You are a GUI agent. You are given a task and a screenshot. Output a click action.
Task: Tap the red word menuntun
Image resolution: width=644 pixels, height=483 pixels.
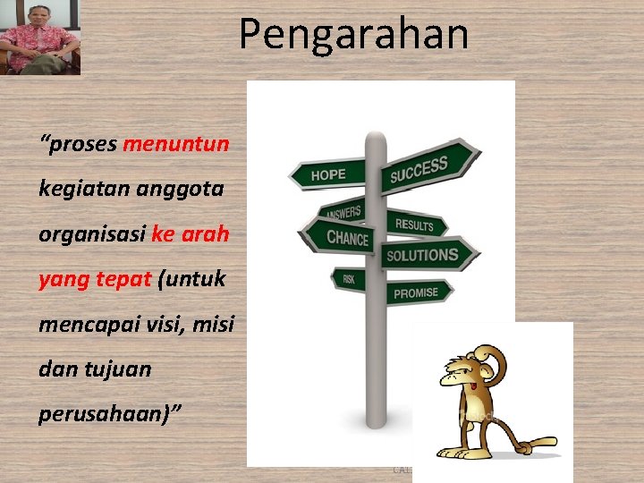(x=175, y=144)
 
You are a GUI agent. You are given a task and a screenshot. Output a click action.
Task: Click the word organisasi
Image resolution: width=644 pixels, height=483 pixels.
(x=92, y=234)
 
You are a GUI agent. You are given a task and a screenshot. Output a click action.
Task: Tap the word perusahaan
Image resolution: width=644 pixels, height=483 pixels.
(x=97, y=413)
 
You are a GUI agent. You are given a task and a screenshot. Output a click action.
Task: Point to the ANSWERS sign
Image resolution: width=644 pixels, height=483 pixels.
(x=341, y=212)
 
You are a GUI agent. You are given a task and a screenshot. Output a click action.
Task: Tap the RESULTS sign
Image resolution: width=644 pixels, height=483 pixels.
(x=416, y=224)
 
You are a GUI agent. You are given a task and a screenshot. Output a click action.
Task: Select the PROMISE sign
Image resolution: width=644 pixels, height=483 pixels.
(x=417, y=292)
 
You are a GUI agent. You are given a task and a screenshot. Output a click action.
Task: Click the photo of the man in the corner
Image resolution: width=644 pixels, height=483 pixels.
(x=39, y=38)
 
